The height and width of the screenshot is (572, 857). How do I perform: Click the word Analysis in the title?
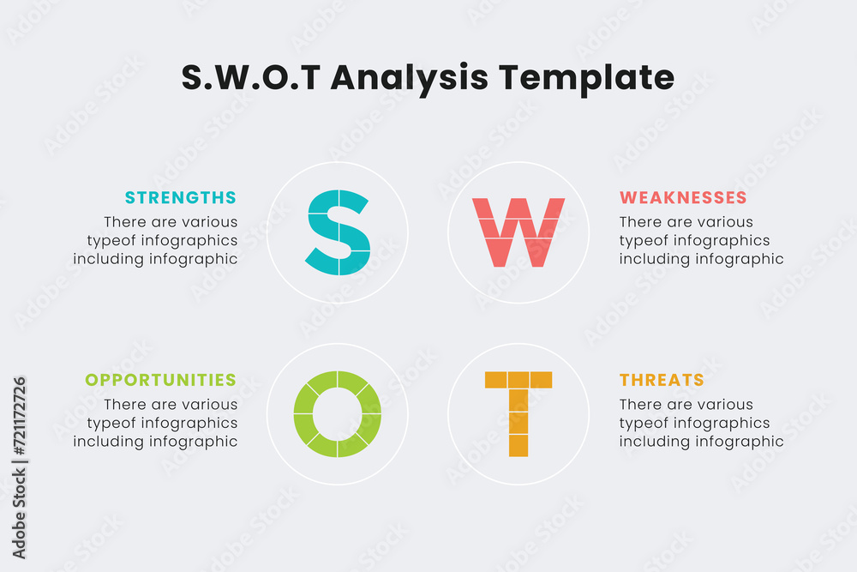coord(409,78)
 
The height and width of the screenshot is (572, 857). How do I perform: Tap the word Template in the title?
coord(586,78)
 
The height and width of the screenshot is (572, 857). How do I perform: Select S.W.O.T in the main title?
coord(251,77)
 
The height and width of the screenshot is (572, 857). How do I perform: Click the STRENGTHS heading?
coord(180,197)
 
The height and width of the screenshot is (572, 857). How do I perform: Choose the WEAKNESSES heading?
coord(683,197)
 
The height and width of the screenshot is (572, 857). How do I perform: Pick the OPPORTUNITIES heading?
coord(161,380)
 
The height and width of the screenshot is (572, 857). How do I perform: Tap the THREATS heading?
coord(662,380)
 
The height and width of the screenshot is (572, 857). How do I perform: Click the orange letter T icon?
coord(518,414)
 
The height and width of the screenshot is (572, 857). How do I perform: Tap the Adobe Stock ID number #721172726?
coord(19,416)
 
